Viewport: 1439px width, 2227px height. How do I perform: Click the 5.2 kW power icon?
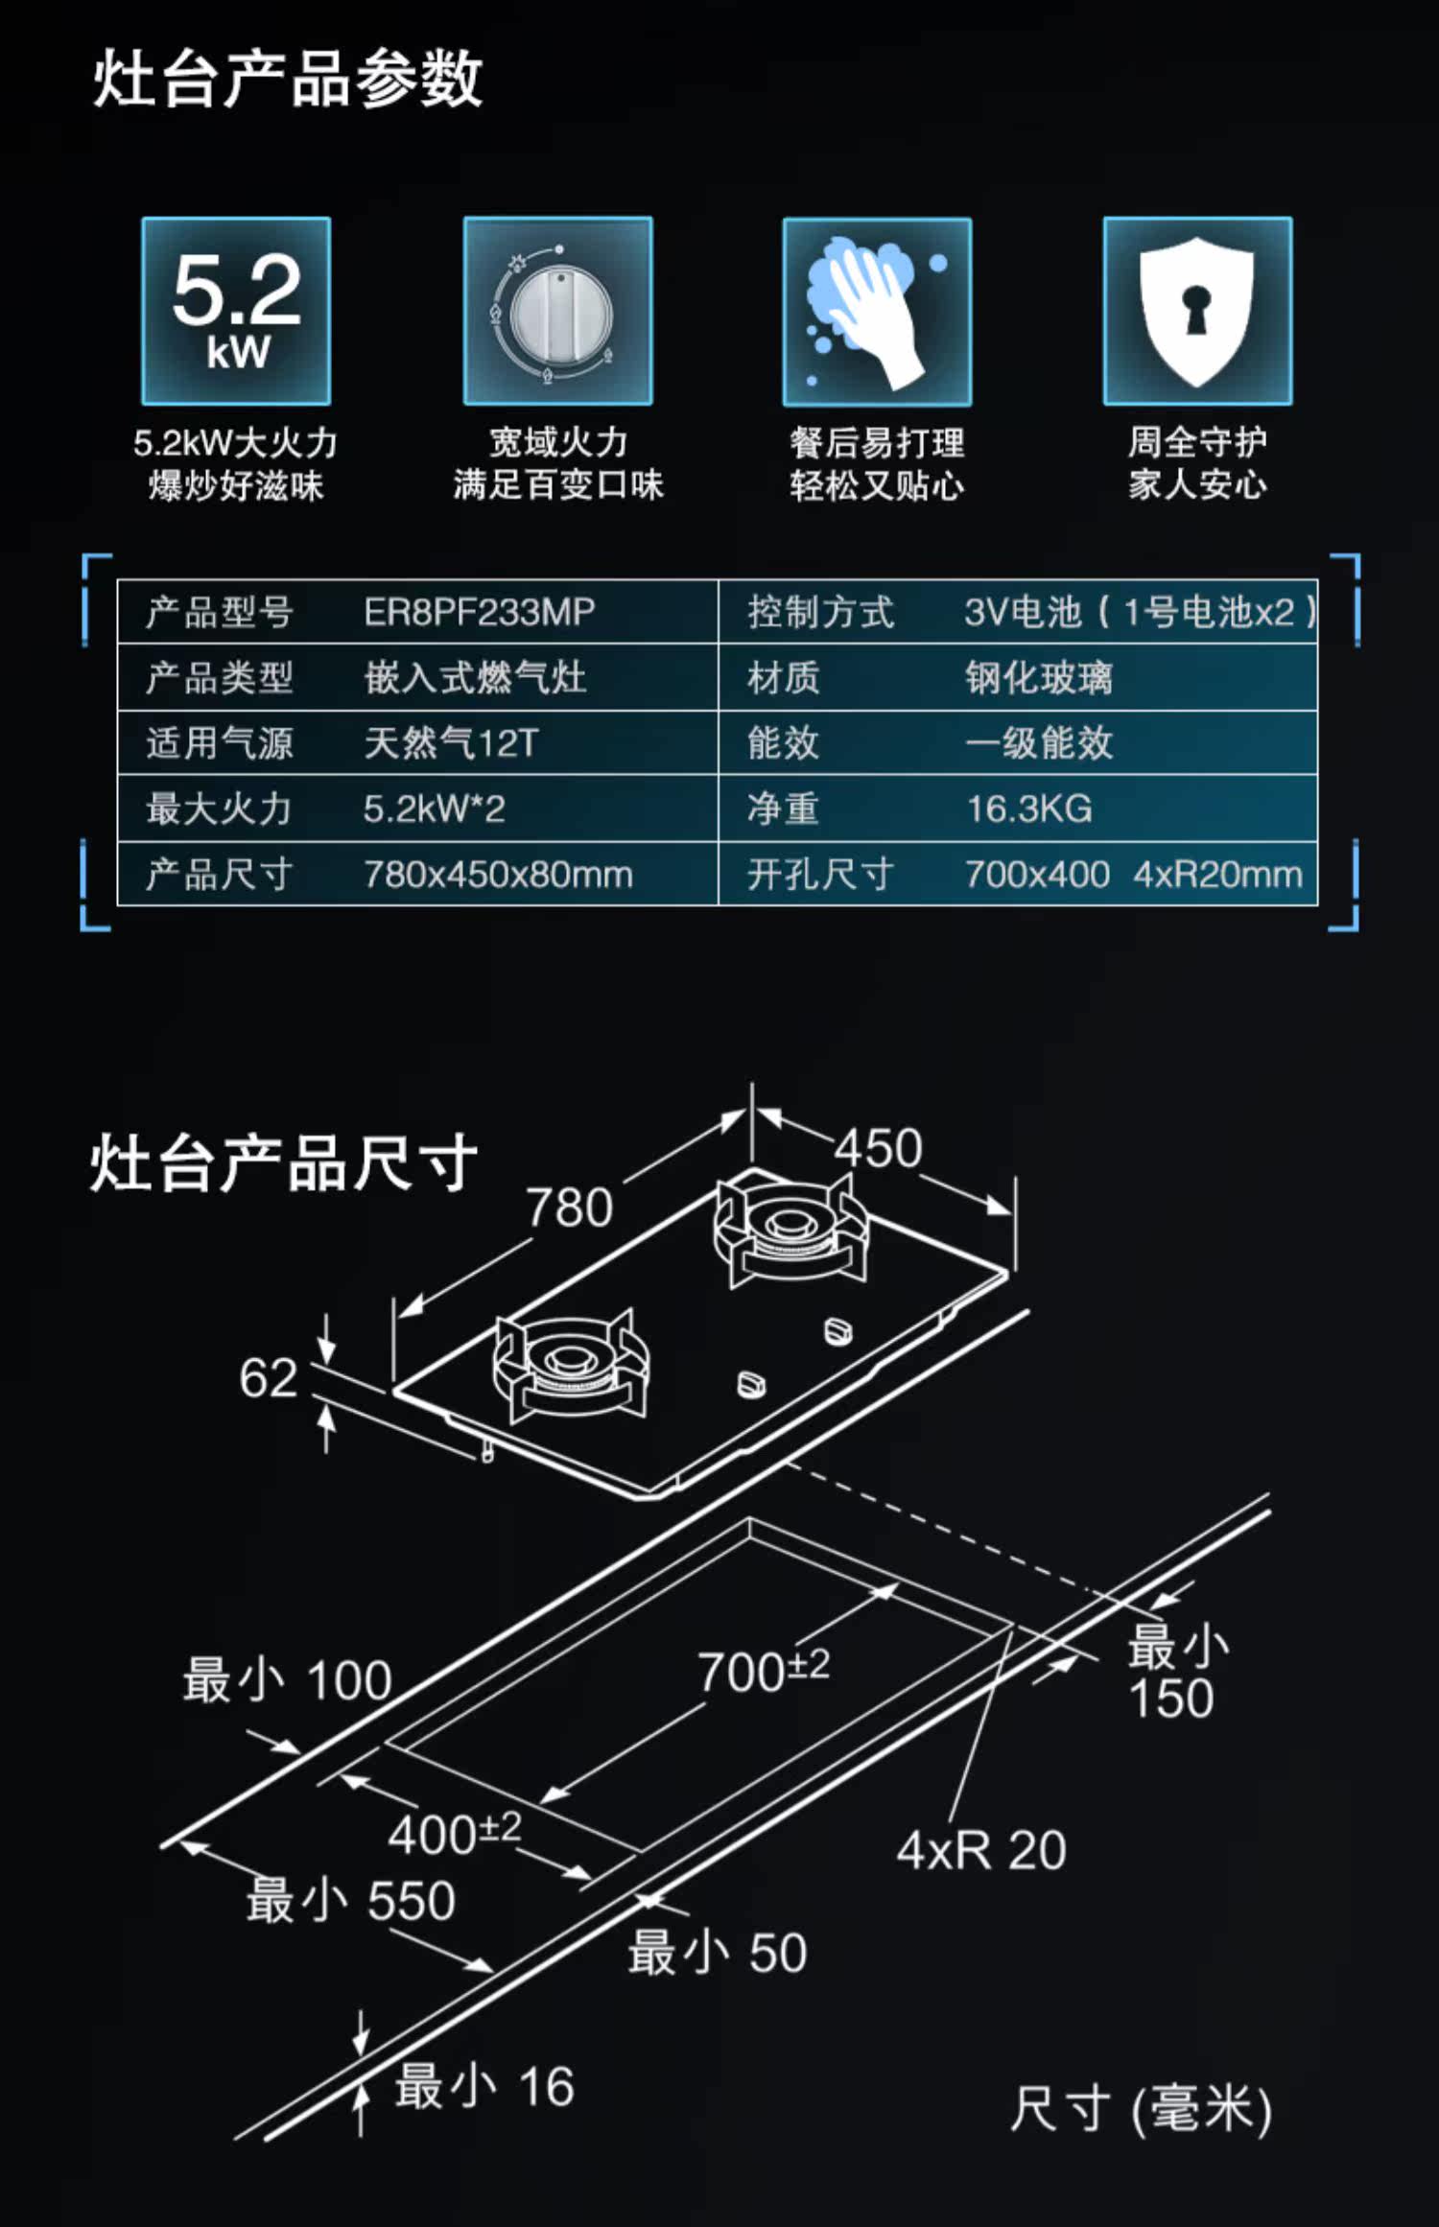coord(236,311)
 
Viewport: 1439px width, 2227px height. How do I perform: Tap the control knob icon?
coord(557,311)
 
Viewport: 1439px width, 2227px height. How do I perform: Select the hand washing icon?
coord(877,312)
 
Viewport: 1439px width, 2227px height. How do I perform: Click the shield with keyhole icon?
coord(1197,311)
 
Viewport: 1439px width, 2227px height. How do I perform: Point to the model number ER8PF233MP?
coord(479,612)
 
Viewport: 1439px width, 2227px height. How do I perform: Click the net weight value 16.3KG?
coord(1028,809)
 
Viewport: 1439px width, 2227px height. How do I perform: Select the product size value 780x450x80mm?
coord(498,875)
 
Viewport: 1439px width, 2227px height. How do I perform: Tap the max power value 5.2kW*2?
coord(434,809)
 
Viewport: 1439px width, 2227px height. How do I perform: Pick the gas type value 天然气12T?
coord(451,743)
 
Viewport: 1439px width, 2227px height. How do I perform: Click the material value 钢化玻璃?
coord(1039,678)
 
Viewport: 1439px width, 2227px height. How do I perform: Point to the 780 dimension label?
coord(569,1207)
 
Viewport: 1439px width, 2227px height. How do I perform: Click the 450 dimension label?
coord(878,1148)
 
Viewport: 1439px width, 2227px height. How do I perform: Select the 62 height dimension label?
coord(268,1378)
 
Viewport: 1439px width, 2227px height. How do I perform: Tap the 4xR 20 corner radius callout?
coord(981,1849)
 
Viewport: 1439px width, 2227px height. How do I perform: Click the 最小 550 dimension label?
coord(350,1900)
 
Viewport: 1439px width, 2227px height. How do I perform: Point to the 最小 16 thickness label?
coord(484,2086)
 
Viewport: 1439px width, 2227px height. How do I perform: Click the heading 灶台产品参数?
coord(287,79)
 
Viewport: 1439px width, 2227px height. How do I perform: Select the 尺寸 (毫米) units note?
coord(1141,2111)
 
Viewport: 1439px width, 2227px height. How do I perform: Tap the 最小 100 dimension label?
coord(287,1680)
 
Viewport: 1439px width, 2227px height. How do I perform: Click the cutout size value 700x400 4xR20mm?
coord(1133,875)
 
